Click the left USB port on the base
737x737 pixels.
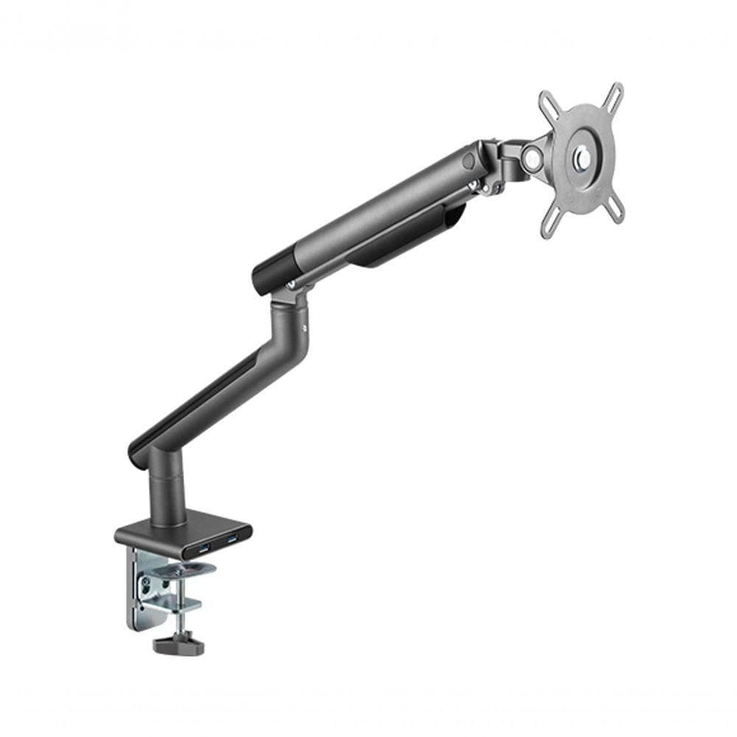tap(203, 546)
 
